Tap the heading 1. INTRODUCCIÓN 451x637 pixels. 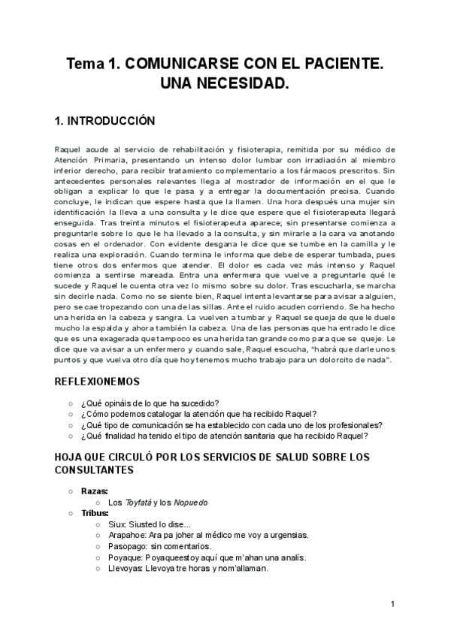pyautogui.click(x=104, y=121)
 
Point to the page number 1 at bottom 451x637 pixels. pyautogui.click(x=393, y=605)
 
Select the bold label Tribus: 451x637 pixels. pyautogui.click(x=95, y=513)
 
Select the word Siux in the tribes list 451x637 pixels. pyautogui.click(x=117, y=524)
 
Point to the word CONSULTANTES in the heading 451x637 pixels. pyautogui.click(x=95, y=470)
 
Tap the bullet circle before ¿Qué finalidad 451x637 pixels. pyautogui.click(x=71, y=436)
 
